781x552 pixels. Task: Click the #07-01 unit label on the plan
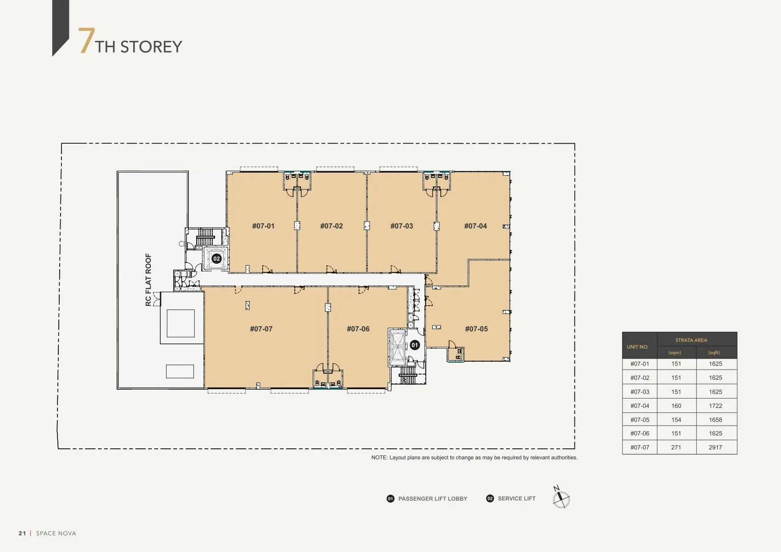pos(263,226)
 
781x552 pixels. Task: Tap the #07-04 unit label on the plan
pos(476,226)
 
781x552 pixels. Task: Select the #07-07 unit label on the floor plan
pos(261,329)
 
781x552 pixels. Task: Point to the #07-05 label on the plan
pos(476,329)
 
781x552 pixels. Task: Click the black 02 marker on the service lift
pos(216,258)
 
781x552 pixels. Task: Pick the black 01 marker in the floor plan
pos(415,345)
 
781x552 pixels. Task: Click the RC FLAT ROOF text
pos(148,280)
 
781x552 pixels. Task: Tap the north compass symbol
pos(561,498)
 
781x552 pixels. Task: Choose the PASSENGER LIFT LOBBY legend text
pos(433,499)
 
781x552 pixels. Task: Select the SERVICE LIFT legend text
pos(517,499)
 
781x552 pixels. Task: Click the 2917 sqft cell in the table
pos(716,447)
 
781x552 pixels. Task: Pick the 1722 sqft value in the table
pos(716,406)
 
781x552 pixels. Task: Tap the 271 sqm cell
pos(676,447)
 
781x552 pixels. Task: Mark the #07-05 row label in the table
pos(640,420)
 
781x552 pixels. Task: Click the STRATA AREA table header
pos(691,340)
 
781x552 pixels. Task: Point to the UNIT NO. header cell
pos(638,347)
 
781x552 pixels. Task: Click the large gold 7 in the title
pos(86,40)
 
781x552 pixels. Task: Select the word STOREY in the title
pos(151,47)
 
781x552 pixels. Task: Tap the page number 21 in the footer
pos(22,533)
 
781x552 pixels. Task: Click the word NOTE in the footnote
pos(379,458)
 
